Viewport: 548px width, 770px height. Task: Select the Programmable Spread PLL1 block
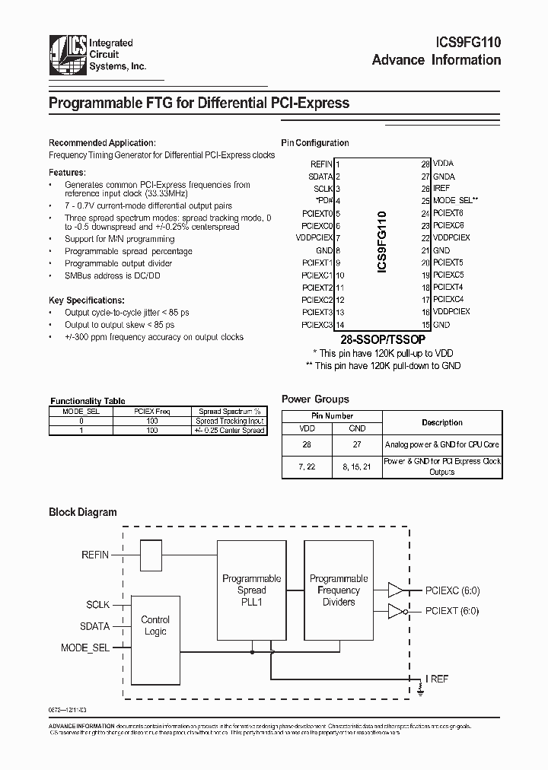pos(251,590)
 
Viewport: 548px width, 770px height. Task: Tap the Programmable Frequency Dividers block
pos(339,590)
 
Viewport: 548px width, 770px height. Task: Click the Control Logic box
pos(155,625)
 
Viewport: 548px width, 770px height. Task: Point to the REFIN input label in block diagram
pos(95,555)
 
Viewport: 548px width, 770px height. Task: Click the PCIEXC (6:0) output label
pos(452,590)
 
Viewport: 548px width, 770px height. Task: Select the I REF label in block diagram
pos(437,679)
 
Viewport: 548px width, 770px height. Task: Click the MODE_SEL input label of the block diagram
pos(85,647)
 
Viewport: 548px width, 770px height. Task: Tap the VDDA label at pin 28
pos(443,164)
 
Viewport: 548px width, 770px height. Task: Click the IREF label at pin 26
pos(441,188)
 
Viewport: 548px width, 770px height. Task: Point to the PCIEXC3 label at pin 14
pos(317,325)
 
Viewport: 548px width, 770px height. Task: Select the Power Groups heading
pos(315,399)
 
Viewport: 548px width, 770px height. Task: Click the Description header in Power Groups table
pos(441,422)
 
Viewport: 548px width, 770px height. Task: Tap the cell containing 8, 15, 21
pos(357,466)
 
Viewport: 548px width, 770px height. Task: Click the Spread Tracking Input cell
pos(229,421)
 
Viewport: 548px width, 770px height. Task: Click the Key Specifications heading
pos(86,301)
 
